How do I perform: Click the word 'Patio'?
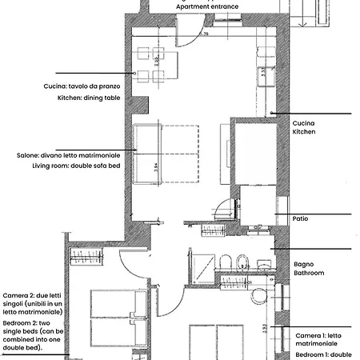pos(301,218)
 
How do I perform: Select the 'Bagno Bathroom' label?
pos(309,268)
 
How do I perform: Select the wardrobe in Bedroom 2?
pos(85,256)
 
